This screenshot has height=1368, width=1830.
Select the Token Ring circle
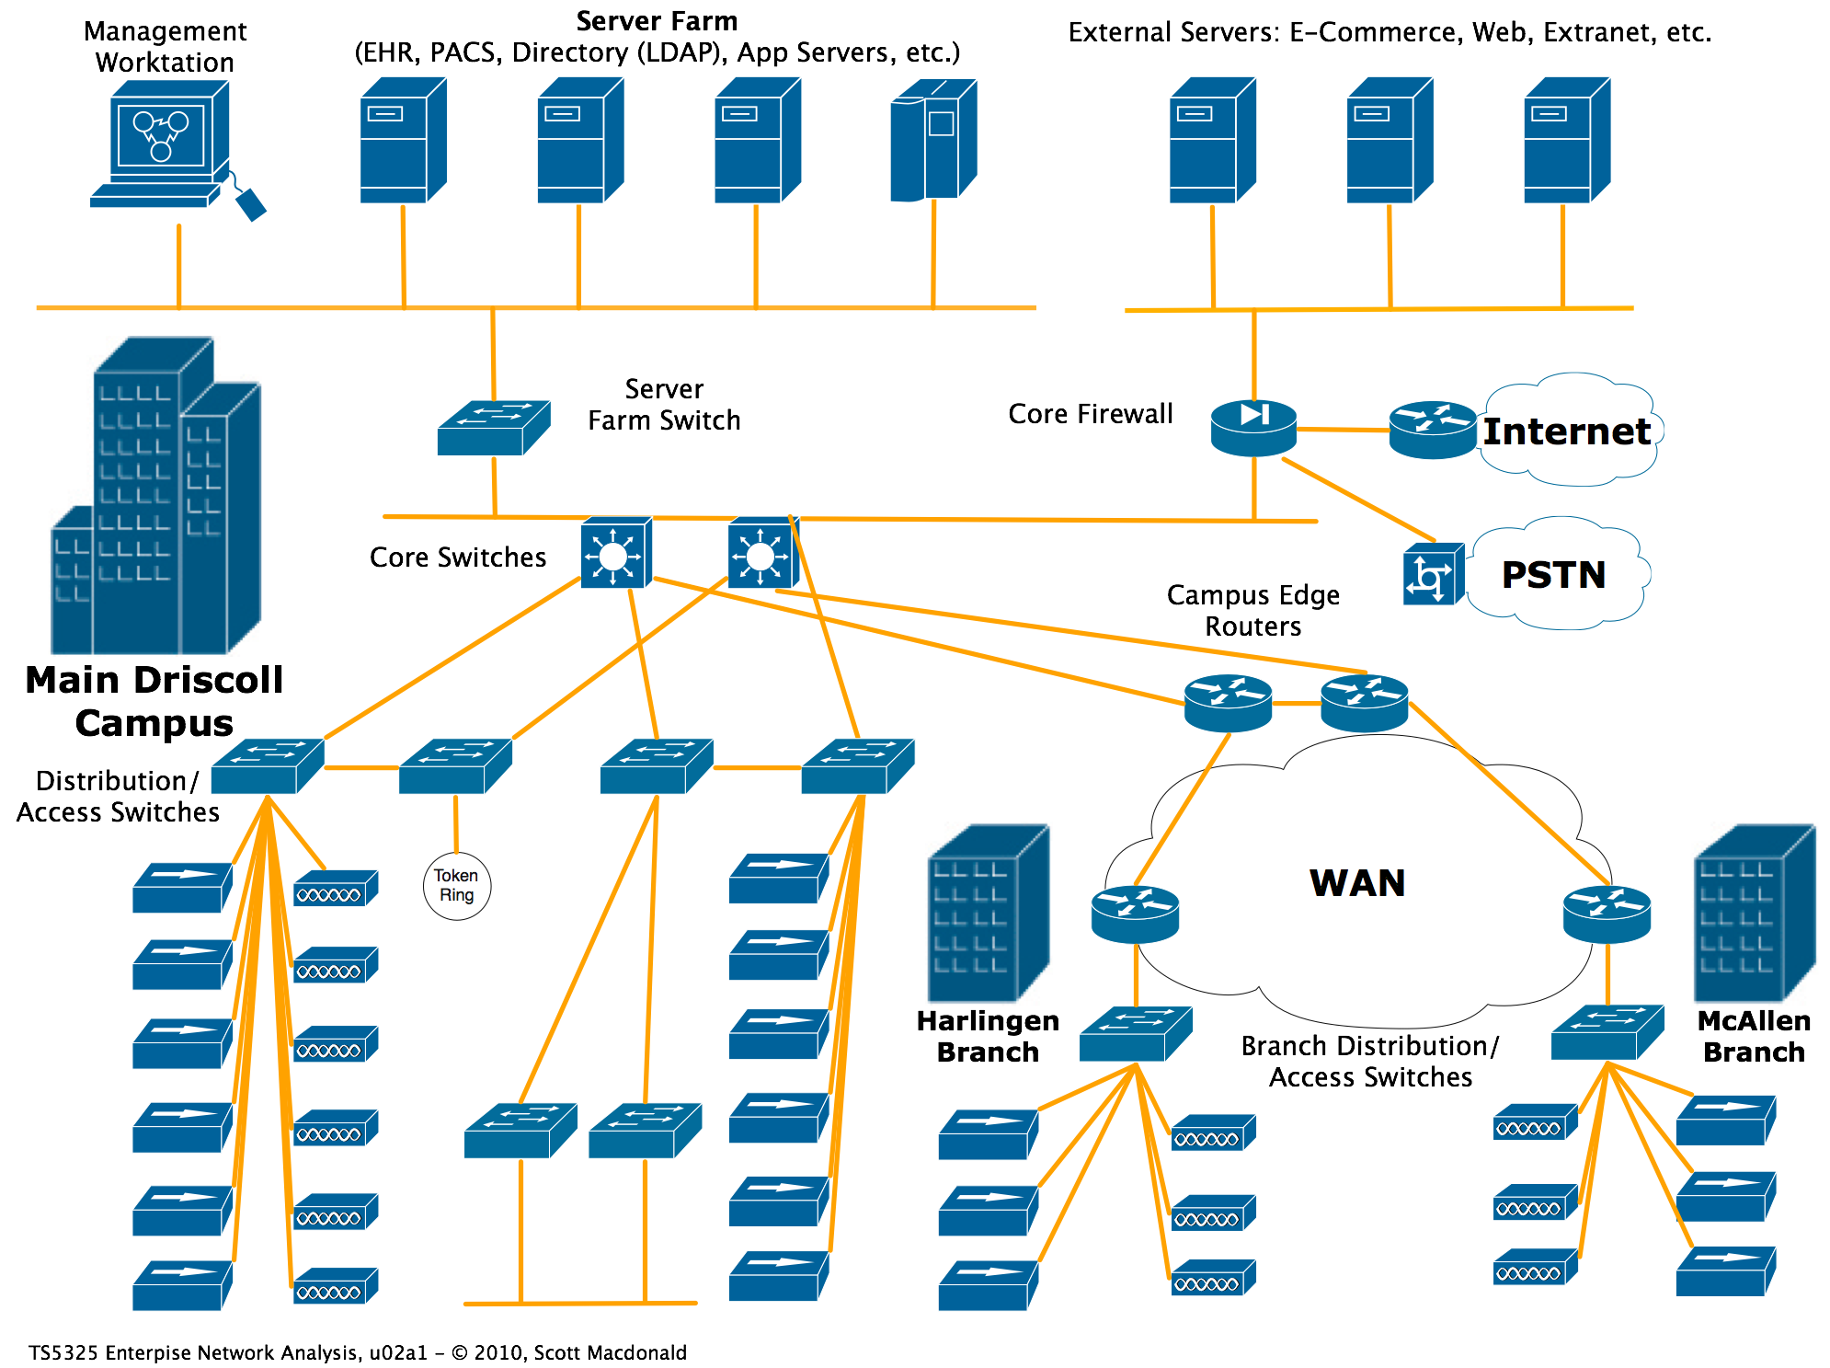(x=456, y=886)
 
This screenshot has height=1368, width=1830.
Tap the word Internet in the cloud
(x=1566, y=431)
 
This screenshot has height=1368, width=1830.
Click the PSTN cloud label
(x=1553, y=575)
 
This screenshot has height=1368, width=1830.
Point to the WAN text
(x=1357, y=883)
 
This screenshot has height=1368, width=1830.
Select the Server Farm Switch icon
(x=494, y=428)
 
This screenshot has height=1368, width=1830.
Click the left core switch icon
(x=615, y=554)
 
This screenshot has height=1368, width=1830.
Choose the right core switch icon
(x=762, y=554)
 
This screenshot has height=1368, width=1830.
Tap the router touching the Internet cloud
(x=1432, y=429)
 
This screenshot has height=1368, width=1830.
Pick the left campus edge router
(x=1228, y=703)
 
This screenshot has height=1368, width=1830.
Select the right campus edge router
(x=1364, y=703)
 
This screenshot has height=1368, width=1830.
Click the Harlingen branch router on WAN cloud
(x=1135, y=914)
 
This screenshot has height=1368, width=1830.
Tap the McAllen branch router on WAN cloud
(x=1607, y=914)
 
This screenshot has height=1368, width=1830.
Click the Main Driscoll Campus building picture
(x=154, y=497)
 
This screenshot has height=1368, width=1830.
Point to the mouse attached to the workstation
(x=250, y=204)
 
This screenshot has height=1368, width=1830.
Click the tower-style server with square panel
(x=932, y=140)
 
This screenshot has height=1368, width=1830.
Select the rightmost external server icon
(x=1566, y=140)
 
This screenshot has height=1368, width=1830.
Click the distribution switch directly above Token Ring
(x=455, y=766)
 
